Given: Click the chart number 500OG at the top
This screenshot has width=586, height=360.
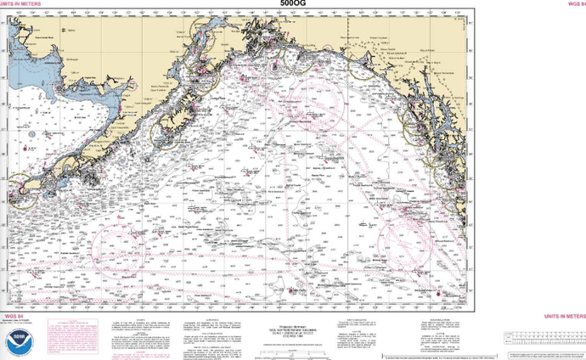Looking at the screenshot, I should tap(292, 3).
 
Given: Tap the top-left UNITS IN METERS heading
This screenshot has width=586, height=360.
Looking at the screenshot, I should tap(20, 3).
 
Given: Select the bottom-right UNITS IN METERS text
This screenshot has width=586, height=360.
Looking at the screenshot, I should tap(564, 314).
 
